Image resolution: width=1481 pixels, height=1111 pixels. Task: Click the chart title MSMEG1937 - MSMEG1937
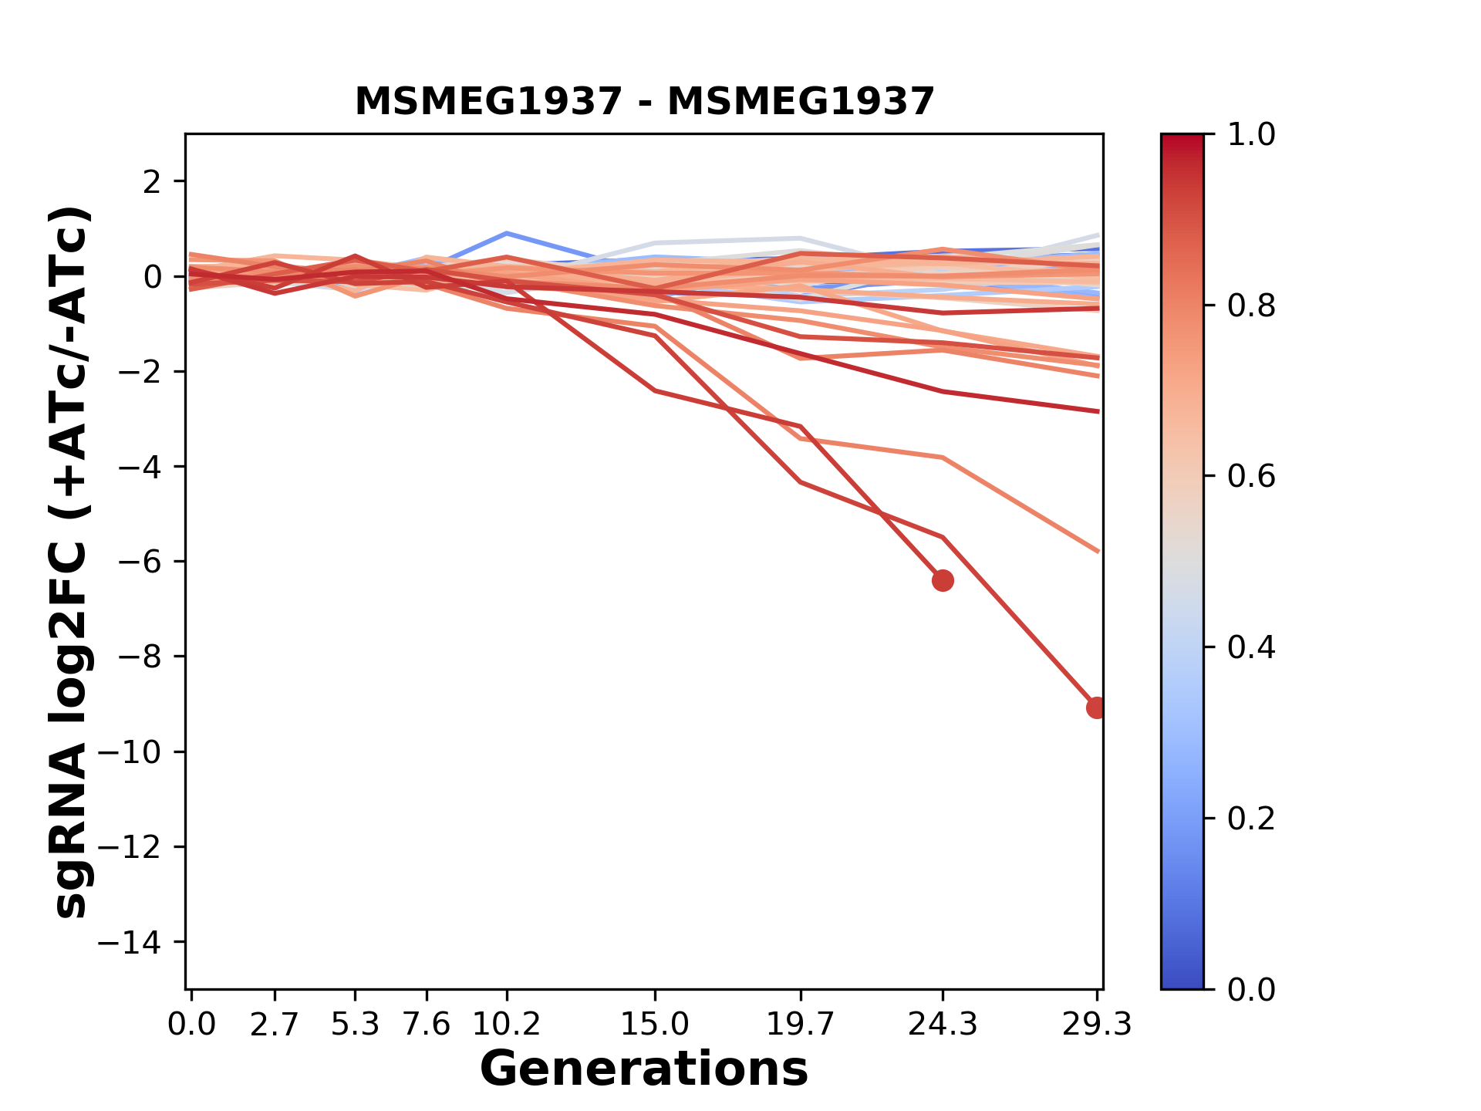pos(644,102)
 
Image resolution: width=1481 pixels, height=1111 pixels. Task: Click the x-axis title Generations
pos(644,1069)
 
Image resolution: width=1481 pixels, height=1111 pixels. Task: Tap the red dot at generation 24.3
pos(943,580)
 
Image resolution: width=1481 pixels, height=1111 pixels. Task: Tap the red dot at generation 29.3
pos(1096,707)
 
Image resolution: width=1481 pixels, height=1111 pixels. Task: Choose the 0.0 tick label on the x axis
pos(191,1025)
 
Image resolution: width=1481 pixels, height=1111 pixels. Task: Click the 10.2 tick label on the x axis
pos(506,1025)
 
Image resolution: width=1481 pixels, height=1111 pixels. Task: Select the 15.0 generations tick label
pos(655,1025)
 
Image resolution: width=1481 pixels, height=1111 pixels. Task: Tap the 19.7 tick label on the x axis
pos(801,1025)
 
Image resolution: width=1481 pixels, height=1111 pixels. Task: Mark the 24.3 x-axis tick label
pos(943,1025)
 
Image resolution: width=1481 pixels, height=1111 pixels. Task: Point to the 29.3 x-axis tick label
pos(1097,1025)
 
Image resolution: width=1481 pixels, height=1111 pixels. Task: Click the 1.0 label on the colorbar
pos(1251,135)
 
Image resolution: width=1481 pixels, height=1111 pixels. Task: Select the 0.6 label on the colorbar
pos(1251,477)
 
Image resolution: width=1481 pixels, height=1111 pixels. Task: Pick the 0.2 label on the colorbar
pos(1251,819)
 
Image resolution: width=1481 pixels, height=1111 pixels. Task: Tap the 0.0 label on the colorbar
pos(1251,990)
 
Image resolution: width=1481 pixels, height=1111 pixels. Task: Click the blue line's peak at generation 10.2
pos(506,232)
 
